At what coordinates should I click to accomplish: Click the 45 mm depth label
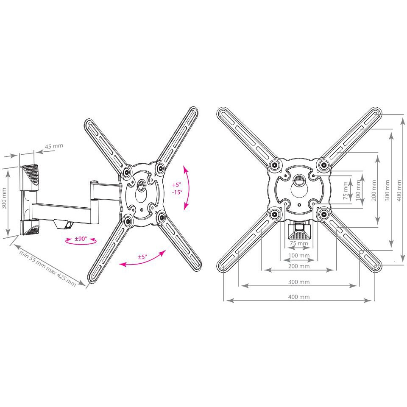coord(53,147)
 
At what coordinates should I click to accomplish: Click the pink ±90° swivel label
coord(81,239)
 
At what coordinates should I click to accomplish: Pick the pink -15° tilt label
coord(177,192)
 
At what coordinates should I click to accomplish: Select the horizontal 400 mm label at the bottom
coord(298,297)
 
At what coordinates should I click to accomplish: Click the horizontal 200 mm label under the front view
coord(298,266)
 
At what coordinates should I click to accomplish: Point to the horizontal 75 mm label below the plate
coord(298,244)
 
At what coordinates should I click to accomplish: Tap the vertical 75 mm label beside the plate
coord(346,190)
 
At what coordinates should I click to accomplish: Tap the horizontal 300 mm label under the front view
coord(298,282)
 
